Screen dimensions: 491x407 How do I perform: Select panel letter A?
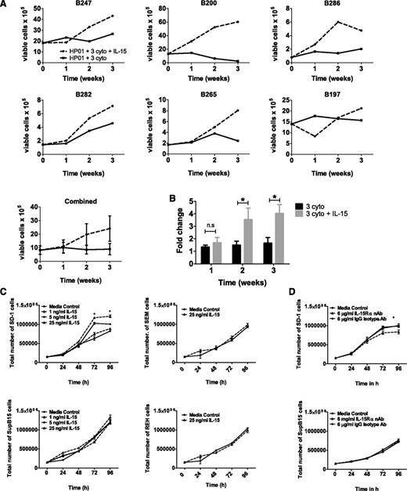[x=5, y=5]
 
